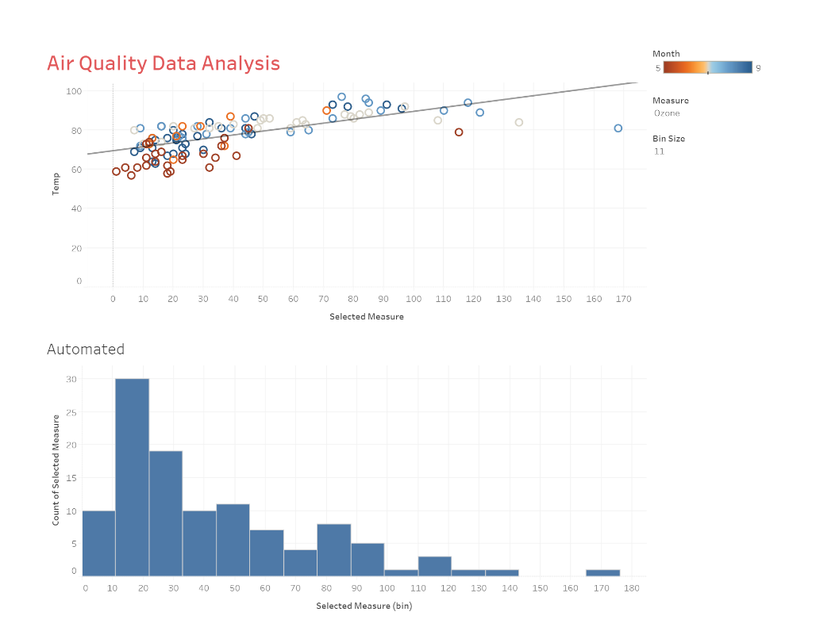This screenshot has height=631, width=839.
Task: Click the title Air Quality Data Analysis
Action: pyautogui.click(x=163, y=63)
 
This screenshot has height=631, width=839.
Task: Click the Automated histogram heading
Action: pyautogui.click(x=86, y=349)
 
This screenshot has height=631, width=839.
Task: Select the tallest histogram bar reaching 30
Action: pyautogui.click(x=132, y=476)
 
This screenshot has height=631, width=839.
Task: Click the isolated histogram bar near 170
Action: pyautogui.click(x=602, y=572)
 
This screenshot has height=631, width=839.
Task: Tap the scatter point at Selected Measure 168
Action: pyautogui.click(x=618, y=128)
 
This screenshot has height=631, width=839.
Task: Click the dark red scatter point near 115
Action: pyautogui.click(x=459, y=132)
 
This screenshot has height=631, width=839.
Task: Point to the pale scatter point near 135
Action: pyautogui.click(x=518, y=122)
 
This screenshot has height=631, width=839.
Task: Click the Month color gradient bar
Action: pyautogui.click(x=707, y=67)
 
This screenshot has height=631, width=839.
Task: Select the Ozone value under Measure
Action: pyautogui.click(x=667, y=113)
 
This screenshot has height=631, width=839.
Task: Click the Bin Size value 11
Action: pyautogui.click(x=659, y=151)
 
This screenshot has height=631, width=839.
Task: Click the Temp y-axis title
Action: pyautogui.click(x=56, y=185)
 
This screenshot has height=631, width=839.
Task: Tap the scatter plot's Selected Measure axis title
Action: pyautogui.click(x=366, y=317)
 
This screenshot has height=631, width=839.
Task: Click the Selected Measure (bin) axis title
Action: pyautogui.click(x=364, y=606)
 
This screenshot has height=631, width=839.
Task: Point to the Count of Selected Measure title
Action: pyautogui.click(x=56, y=469)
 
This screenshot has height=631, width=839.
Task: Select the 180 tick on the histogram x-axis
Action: pyautogui.click(x=631, y=588)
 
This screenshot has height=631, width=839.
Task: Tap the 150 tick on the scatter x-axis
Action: pyautogui.click(x=564, y=299)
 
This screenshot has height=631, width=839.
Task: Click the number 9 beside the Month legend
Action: pyautogui.click(x=758, y=68)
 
